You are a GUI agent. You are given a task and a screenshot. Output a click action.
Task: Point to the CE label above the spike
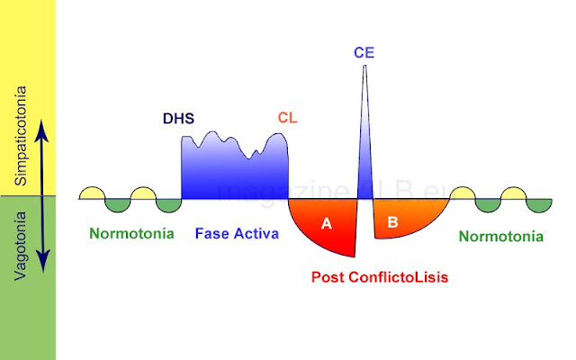[x=364, y=53]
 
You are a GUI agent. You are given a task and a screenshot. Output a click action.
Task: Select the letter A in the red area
[x=327, y=223]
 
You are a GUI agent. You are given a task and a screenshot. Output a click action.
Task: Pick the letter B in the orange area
[x=392, y=220]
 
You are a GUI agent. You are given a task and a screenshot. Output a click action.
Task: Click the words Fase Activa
[x=237, y=234]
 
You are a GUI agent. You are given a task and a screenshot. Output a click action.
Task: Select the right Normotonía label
[x=500, y=238]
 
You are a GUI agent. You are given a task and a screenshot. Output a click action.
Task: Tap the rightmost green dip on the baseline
[x=538, y=204]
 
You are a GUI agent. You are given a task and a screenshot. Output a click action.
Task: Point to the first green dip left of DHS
[x=168, y=205]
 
